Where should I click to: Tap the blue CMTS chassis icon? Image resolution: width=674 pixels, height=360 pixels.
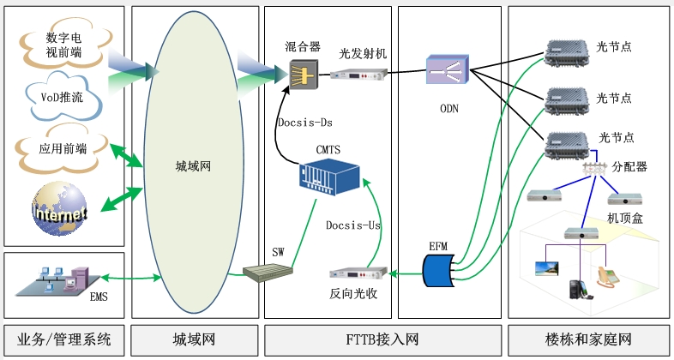[x=328, y=177]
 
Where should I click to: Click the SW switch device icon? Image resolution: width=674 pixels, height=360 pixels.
[x=268, y=274]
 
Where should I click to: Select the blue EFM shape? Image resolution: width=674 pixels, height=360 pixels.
[x=440, y=273]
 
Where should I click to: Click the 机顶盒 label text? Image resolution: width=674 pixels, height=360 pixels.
[x=624, y=219]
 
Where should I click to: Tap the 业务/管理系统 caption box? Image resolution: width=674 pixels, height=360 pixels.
[x=63, y=338]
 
